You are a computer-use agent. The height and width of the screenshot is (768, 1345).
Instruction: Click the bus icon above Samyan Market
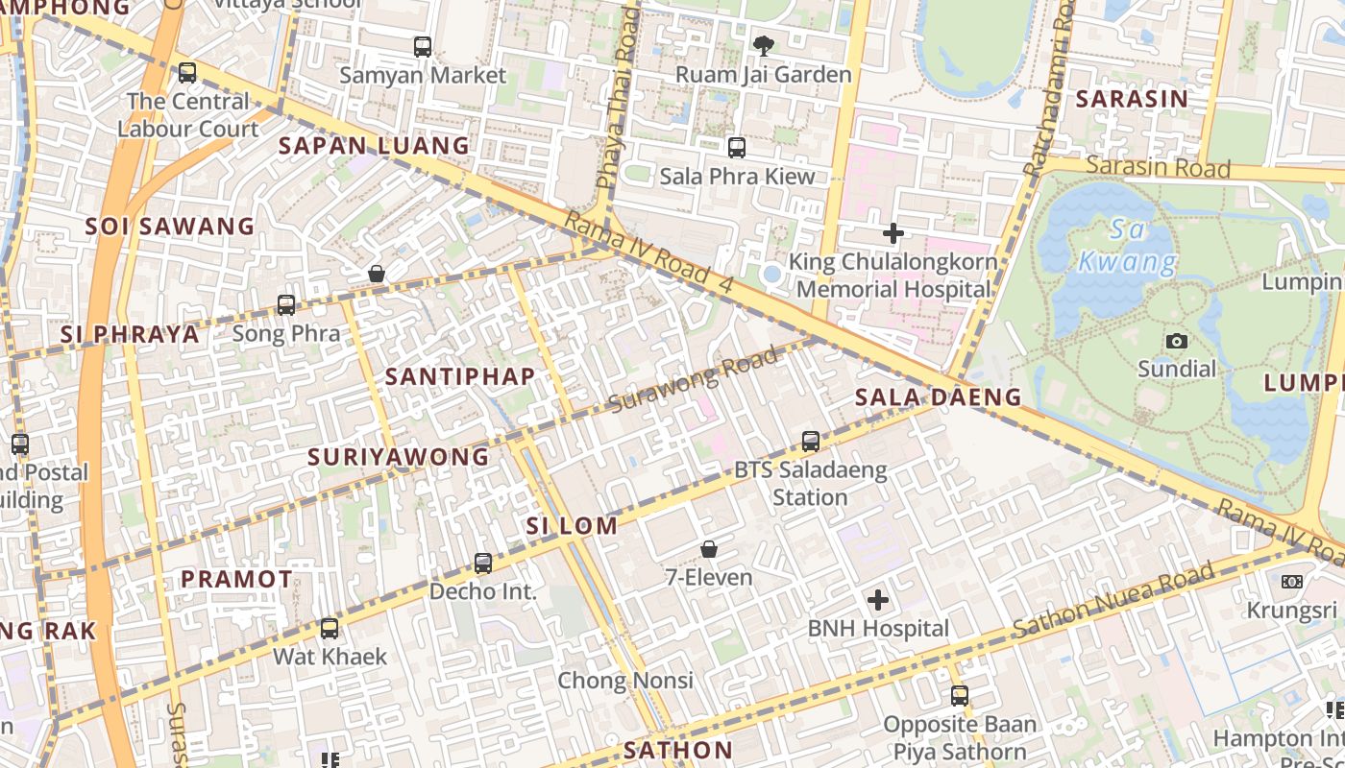[x=423, y=46]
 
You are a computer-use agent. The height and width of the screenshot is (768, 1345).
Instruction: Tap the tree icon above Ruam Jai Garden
[x=764, y=45]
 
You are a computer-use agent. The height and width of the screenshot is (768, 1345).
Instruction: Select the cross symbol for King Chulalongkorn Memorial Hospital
[x=893, y=232]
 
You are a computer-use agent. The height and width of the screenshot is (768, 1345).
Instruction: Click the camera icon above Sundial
[x=1176, y=341]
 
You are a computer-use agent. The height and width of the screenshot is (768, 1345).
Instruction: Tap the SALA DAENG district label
[x=938, y=397]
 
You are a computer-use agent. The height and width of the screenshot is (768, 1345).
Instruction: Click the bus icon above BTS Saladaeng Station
[x=811, y=442]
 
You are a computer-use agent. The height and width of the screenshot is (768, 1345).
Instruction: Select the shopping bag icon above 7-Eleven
[x=709, y=549]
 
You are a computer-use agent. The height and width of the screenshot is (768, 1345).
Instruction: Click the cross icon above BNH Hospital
[x=877, y=601]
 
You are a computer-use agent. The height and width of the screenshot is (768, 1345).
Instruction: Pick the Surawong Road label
[x=692, y=381]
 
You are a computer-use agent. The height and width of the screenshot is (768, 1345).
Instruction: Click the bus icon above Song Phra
[x=286, y=305]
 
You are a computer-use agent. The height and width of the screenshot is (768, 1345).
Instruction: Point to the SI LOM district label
[x=571, y=526]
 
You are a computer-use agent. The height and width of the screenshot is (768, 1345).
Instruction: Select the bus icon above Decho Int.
[x=483, y=564]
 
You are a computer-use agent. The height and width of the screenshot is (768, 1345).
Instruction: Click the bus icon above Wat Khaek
[x=330, y=629]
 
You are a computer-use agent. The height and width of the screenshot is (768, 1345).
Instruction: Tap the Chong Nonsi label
[x=625, y=681]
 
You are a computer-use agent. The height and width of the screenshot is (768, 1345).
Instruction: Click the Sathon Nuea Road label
[x=1113, y=601]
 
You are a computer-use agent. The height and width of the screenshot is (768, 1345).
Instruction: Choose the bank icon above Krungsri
[x=1292, y=582]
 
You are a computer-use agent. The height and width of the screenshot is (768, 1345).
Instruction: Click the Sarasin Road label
[x=1158, y=167]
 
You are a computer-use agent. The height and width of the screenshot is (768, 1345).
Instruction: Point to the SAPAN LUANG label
[x=374, y=146]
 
